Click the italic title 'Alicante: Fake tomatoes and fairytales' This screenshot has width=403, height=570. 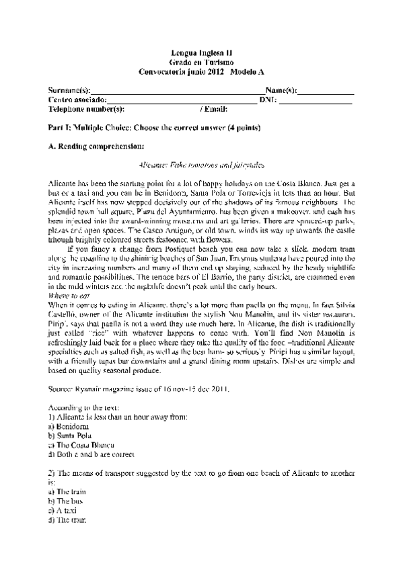pyautogui.click(x=201, y=164)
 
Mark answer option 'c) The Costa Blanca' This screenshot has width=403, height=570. pyautogui.click(x=82, y=445)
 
